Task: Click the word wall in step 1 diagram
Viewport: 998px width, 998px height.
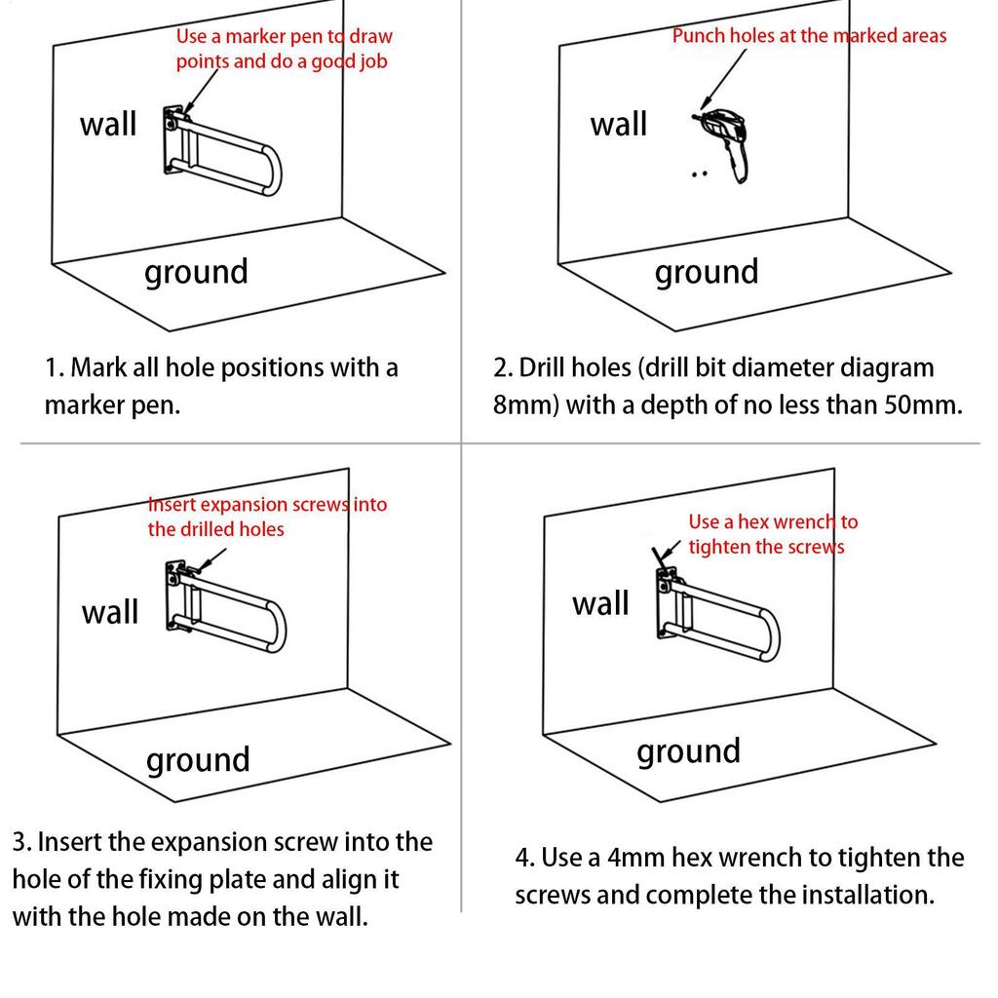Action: tap(108, 124)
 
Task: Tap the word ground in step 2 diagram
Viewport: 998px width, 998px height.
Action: tap(707, 273)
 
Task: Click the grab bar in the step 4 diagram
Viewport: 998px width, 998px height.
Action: tap(718, 614)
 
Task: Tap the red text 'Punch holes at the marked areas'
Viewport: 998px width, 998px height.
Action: tap(809, 36)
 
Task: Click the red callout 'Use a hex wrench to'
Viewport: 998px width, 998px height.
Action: tap(773, 522)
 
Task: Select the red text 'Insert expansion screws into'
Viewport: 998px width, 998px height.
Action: tap(267, 505)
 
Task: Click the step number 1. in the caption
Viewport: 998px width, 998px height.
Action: tap(54, 367)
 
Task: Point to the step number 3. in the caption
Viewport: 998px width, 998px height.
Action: tap(21, 842)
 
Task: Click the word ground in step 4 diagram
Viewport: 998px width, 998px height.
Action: tap(689, 752)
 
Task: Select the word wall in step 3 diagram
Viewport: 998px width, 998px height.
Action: tap(109, 612)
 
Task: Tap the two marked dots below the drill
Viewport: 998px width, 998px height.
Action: tap(700, 173)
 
